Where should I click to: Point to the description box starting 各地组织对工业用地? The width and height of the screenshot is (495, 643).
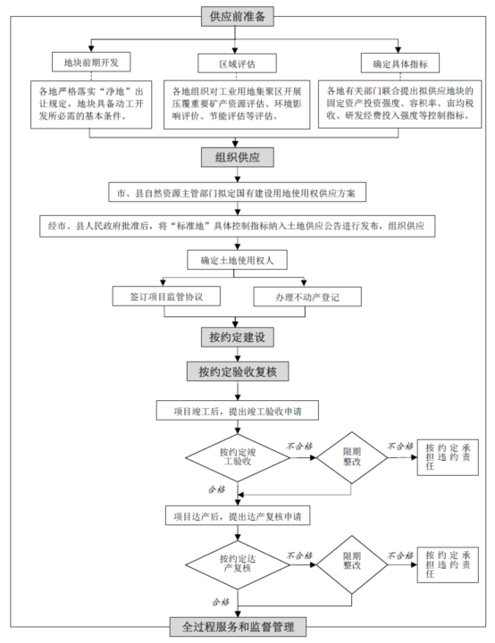pyautogui.click(x=237, y=104)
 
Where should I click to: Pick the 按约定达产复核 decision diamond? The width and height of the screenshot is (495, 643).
pyautogui.click(x=237, y=564)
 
